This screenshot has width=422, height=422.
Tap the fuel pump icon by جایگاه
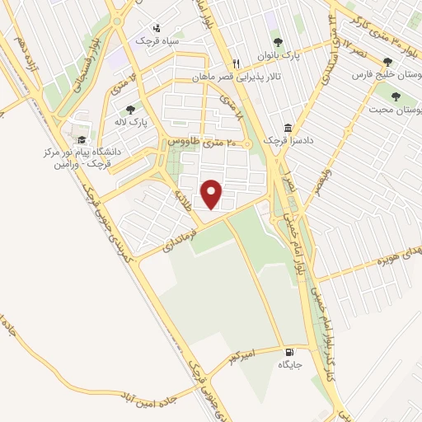tap(287, 350)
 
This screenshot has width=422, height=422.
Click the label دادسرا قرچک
tap(283, 141)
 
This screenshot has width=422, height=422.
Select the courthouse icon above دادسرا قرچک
tap(288, 129)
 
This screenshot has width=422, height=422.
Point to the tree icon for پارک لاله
tap(129, 109)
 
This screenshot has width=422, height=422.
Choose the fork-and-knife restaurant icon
tap(235, 63)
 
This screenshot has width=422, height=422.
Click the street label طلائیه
tap(182, 200)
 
